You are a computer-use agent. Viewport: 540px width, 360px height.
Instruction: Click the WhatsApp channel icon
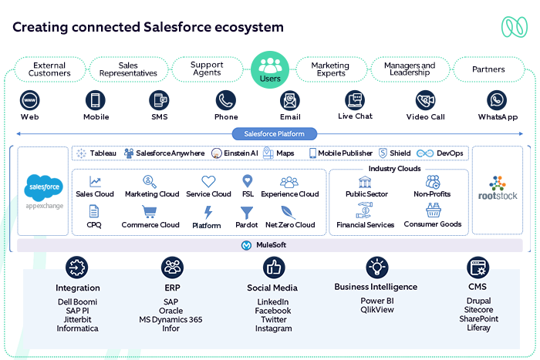[497, 100]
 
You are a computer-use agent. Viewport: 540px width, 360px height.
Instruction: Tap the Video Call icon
[425, 100]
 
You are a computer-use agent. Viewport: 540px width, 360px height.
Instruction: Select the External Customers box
[49, 69]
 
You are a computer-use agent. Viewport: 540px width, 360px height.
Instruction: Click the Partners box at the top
[488, 69]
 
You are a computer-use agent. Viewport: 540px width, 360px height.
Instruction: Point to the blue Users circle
[270, 69]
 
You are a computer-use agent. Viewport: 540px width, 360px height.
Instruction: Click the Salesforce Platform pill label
[270, 133]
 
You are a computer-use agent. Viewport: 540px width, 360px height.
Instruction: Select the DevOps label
[450, 153]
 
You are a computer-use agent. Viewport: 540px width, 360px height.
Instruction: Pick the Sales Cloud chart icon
[95, 182]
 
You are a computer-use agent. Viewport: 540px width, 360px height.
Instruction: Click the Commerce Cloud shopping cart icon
[150, 212]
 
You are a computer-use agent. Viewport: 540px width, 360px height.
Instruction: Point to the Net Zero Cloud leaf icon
[290, 212]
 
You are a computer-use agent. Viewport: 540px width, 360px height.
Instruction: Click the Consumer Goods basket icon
[432, 210]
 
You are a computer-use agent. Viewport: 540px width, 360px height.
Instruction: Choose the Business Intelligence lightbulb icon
[376, 267]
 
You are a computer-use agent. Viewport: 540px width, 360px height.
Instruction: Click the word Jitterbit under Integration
[78, 319]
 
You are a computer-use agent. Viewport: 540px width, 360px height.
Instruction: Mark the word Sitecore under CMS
[478, 309]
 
